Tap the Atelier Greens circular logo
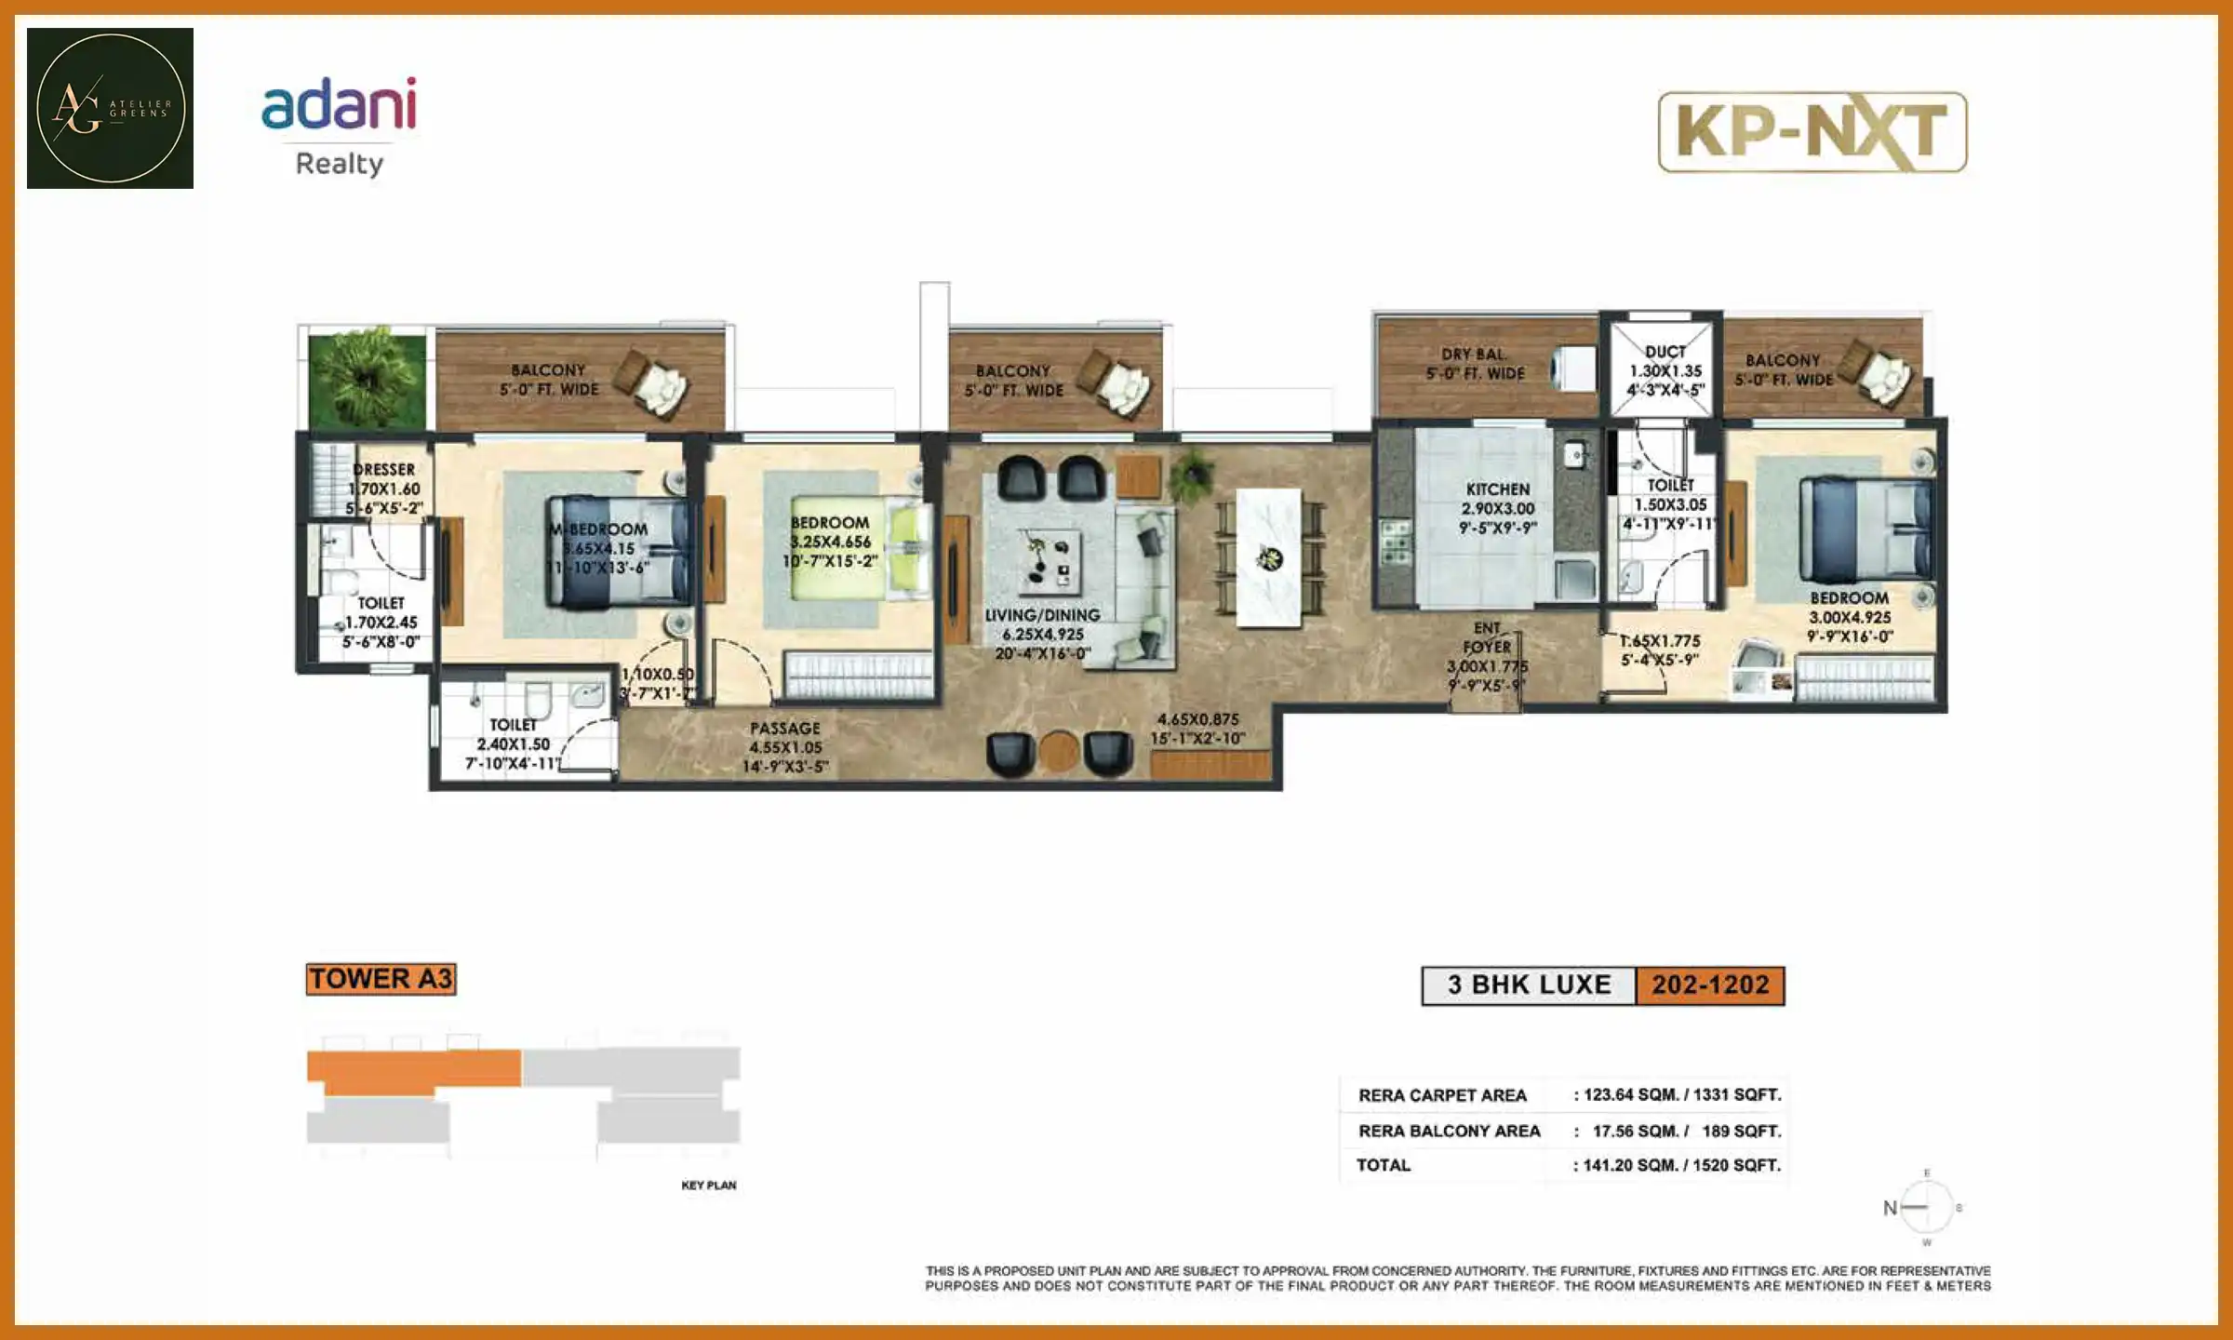click(x=110, y=108)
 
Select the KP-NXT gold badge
click(x=1812, y=132)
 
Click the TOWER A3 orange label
click(x=381, y=979)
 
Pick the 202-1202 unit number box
click(x=1710, y=985)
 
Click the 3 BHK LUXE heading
click(x=1529, y=985)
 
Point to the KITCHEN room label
click(x=1497, y=489)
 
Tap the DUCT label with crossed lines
click(x=1665, y=352)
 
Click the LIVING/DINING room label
click(x=1042, y=615)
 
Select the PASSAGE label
click(x=785, y=729)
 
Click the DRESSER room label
click(x=383, y=470)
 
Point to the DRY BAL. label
click(x=1475, y=355)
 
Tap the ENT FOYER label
click(x=1487, y=637)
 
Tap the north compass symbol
click(x=1925, y=1208)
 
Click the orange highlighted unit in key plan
click(x=413, y=1070)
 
